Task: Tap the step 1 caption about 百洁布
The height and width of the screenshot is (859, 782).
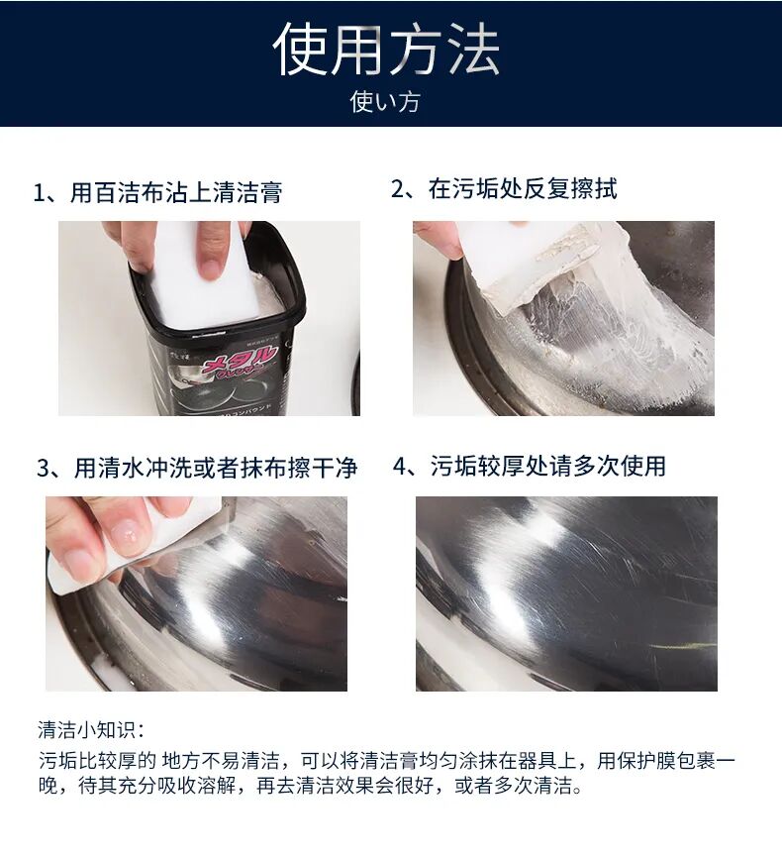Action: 157,192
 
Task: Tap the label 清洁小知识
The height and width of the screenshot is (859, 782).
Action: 90,730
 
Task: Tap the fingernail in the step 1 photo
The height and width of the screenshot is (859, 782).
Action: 210,267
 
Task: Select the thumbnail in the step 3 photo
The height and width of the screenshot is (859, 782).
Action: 125,536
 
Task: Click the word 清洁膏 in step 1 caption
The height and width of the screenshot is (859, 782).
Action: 251,192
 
